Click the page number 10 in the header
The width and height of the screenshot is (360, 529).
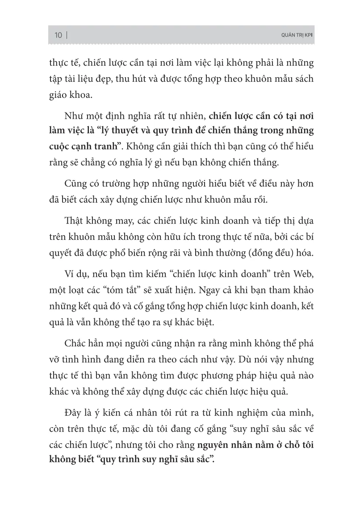pyautogui.click(x=58, y=35)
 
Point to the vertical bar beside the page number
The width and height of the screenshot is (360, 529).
pyautogui.click(x=67, y=35)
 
